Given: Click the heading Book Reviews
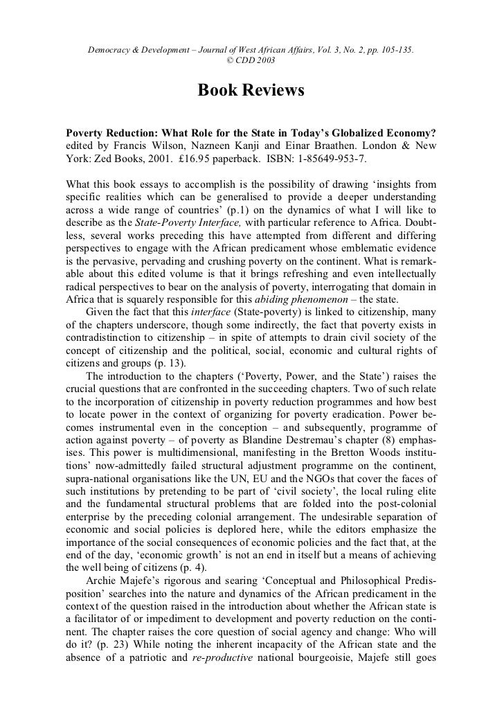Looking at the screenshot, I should coord(251,91).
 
